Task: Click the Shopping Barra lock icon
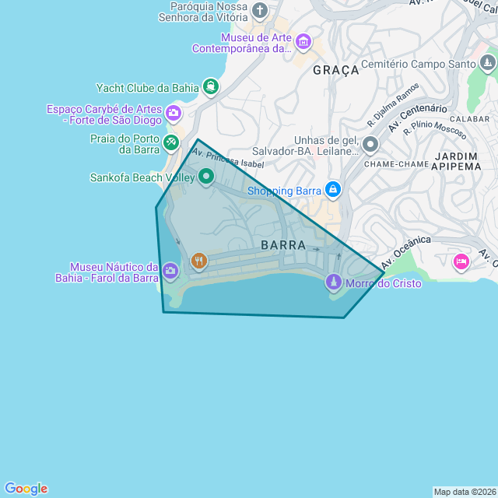coord(333,189)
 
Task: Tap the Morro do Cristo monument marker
coord(333,282)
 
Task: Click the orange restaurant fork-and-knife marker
coord(199,261)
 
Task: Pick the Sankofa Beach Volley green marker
coord(206,177)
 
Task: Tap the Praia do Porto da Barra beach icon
coord(171,142)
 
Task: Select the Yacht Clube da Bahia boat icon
coord(209,86)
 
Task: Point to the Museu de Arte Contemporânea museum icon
coord(303,40)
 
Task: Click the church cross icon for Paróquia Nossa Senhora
coord(260,11)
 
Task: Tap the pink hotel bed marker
coord(461,261)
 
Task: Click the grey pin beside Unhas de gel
coord(370,144)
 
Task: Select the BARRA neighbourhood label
coord(283,245)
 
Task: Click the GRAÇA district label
coord(336,70)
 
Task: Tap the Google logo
coord(26,489)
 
